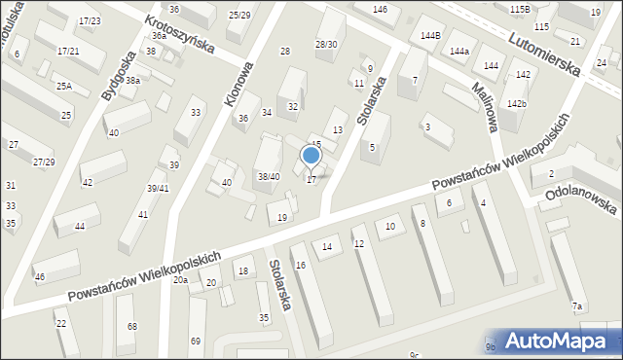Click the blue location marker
click(311, 155)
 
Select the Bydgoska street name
click(117, 76)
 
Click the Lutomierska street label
click(546, 51)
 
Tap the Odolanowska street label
click(582, 207)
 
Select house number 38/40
click(269, 176)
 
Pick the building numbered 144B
click(430, 36)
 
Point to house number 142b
click(516, 103)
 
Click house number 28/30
click(326, 44)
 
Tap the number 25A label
click(63, 87)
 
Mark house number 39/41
click(158, 188)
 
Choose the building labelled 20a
click(181, 280)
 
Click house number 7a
click(577, 306)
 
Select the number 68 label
click(131, 326)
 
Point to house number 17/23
click(91, 20)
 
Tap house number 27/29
click(44, 162)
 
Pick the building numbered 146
click(380, 9)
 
